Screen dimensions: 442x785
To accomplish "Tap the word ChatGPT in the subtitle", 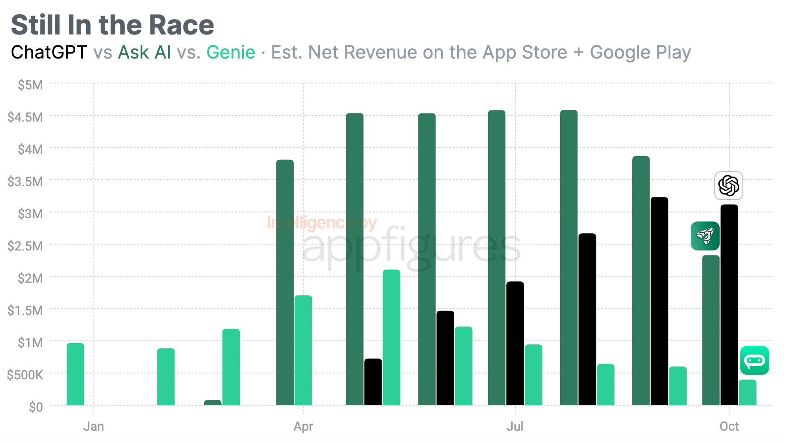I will pyautogui.click(x=49, y=53).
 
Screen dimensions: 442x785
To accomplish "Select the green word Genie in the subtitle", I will pyautogui.click(x=231, y=53).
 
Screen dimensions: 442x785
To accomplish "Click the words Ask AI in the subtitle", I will pyautogui.click(x=145, y=53).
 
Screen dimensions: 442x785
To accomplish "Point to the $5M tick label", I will pyautogui.click(x=30, y=85).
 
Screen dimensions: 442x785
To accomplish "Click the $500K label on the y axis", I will pyautogui.click(x=25, y=375).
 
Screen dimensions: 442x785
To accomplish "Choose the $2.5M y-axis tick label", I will pyautogui.click(x=25, y=246).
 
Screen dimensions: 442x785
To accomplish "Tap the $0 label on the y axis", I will pyautogui.click(x=36, y=407).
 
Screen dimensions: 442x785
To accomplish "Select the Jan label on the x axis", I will pyautogui.click(x=94, y=427).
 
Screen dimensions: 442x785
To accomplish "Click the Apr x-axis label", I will pyautogui.click(x=303, y=427).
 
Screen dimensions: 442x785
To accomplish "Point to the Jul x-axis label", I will pyautogui.click(x=515, y=427).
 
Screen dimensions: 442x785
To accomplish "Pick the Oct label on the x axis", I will pyautogui.click(x=729, y=427).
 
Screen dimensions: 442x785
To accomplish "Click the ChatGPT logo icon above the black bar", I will pyautogui.click(x=728, y=186).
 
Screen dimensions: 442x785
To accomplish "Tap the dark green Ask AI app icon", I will pyautogui.click(x=705, y=236).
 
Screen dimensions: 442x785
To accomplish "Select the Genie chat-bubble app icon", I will pyautogui.click(x=754, y=360).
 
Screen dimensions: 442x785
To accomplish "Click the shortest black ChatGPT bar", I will pyautogui.click(x=373, y=382).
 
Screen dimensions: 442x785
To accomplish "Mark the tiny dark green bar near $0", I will pyautogui.click(x=213, y=403).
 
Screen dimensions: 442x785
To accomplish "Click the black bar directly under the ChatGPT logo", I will pyautogui.click(x=729, y=304).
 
